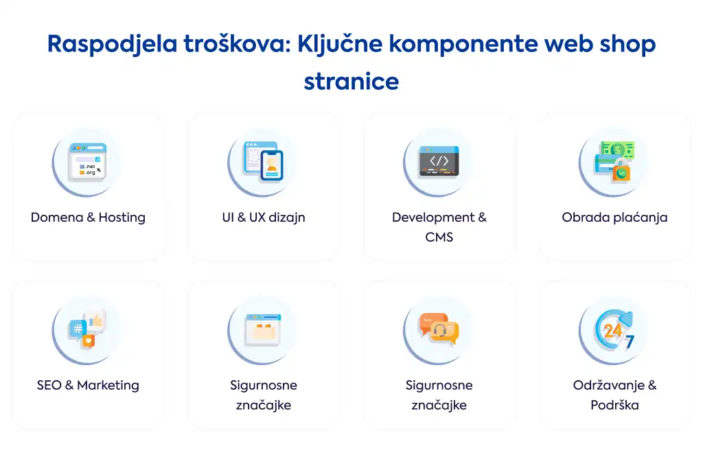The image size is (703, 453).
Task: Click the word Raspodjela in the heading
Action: [112, 45]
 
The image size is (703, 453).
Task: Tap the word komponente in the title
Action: [463, 45]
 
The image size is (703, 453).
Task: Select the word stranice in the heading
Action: [351, 82]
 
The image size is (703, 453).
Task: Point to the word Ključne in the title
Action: [340, 45]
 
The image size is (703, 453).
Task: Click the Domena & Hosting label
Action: [88, 218]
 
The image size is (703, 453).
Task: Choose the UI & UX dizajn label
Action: [264, 218]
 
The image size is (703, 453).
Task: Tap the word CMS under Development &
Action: [439, 237]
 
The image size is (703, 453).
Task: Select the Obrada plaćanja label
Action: [614, 218]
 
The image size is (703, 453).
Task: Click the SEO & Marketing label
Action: [88, 385]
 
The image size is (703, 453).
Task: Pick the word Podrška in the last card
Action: [614, 405]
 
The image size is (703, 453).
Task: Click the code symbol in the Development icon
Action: [439, 161]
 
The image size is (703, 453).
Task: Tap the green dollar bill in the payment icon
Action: [618, 149]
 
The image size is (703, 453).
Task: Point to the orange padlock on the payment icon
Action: [621, 170]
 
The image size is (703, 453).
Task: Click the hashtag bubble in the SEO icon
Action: [78, 329]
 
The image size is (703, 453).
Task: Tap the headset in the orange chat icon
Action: [440, 331]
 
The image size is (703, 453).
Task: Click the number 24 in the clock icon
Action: [612, 331]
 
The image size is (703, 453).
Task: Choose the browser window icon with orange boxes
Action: [263, 330]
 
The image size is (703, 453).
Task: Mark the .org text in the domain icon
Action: [90, 172]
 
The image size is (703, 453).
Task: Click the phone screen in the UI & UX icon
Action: [272, 165]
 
